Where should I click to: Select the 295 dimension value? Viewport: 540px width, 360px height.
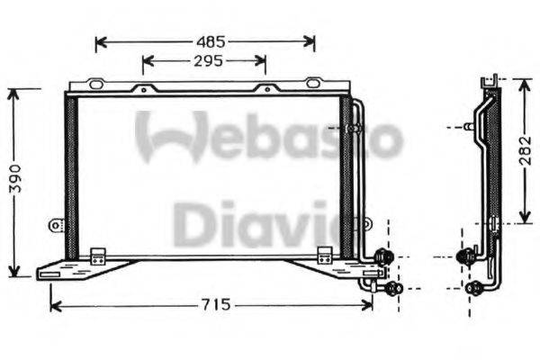tap(206, 61)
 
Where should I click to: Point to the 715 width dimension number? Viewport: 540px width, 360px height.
tap(212, 305)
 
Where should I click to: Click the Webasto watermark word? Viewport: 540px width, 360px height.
tap(269, 138)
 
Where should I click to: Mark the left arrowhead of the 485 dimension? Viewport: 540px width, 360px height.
tap(99, 41)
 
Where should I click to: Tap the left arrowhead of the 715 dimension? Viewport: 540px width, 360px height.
tap(54, 305)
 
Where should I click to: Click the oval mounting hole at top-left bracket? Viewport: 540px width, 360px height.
tap(95, 84)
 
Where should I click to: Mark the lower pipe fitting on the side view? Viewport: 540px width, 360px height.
tap(474, 289)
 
